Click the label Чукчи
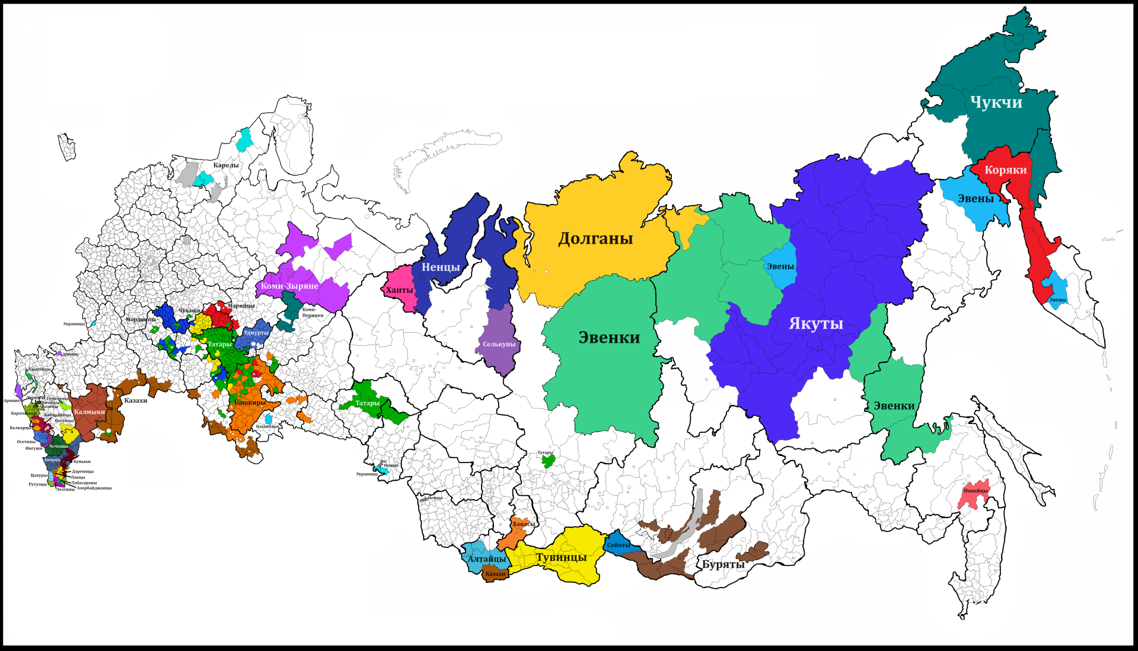(x=996, y=103)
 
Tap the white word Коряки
(x=1005, y=170)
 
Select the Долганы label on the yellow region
(x=595, y=239)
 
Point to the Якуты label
(x=815, y=324)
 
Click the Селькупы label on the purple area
(x=499, y=344)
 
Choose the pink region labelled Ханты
(x=399, y=291)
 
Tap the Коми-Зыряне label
(x=289, y=286)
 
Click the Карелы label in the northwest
(x=226, y=165)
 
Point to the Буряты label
(x=723, y=564)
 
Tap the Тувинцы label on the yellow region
(x=561, y=557)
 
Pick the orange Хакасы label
(x=523, y=524)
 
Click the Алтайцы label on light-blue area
(x=487, y=559)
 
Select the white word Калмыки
(x=90, y=411)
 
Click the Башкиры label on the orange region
(x=250, y=403)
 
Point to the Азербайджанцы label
(x=94, y=488)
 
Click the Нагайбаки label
(x=267, y=426)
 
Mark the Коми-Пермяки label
(x=312, y=312)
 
